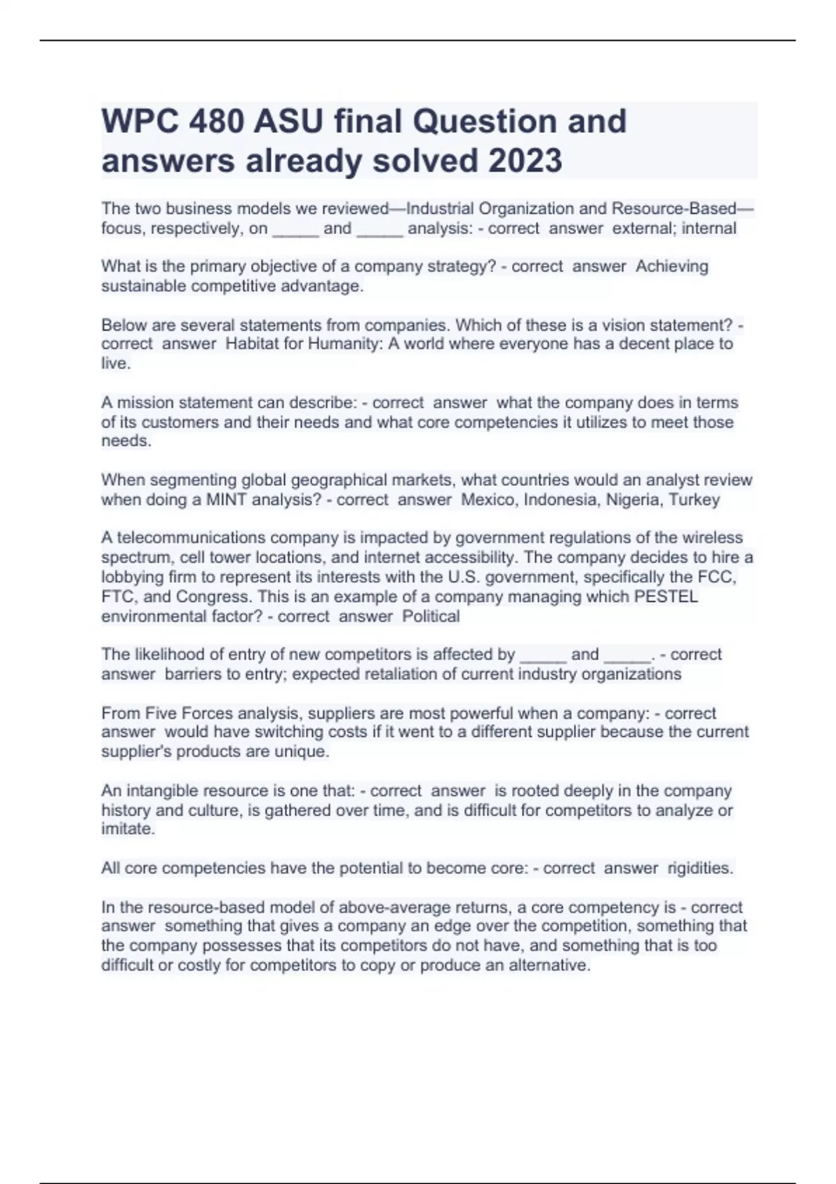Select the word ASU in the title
point(288,122)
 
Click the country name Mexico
point(489,500)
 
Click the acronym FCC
point(717,577)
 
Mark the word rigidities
point(700,868)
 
